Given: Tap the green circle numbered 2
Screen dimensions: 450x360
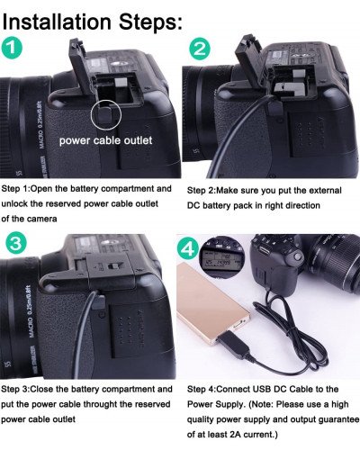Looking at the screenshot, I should click(x=200, y=50).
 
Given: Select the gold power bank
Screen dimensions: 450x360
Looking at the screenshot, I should click(x=215, y=306).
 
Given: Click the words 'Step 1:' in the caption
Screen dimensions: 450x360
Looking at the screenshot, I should click(x=19, y=191).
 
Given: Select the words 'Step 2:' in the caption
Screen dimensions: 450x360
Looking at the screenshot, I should click(x=205, y=192).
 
